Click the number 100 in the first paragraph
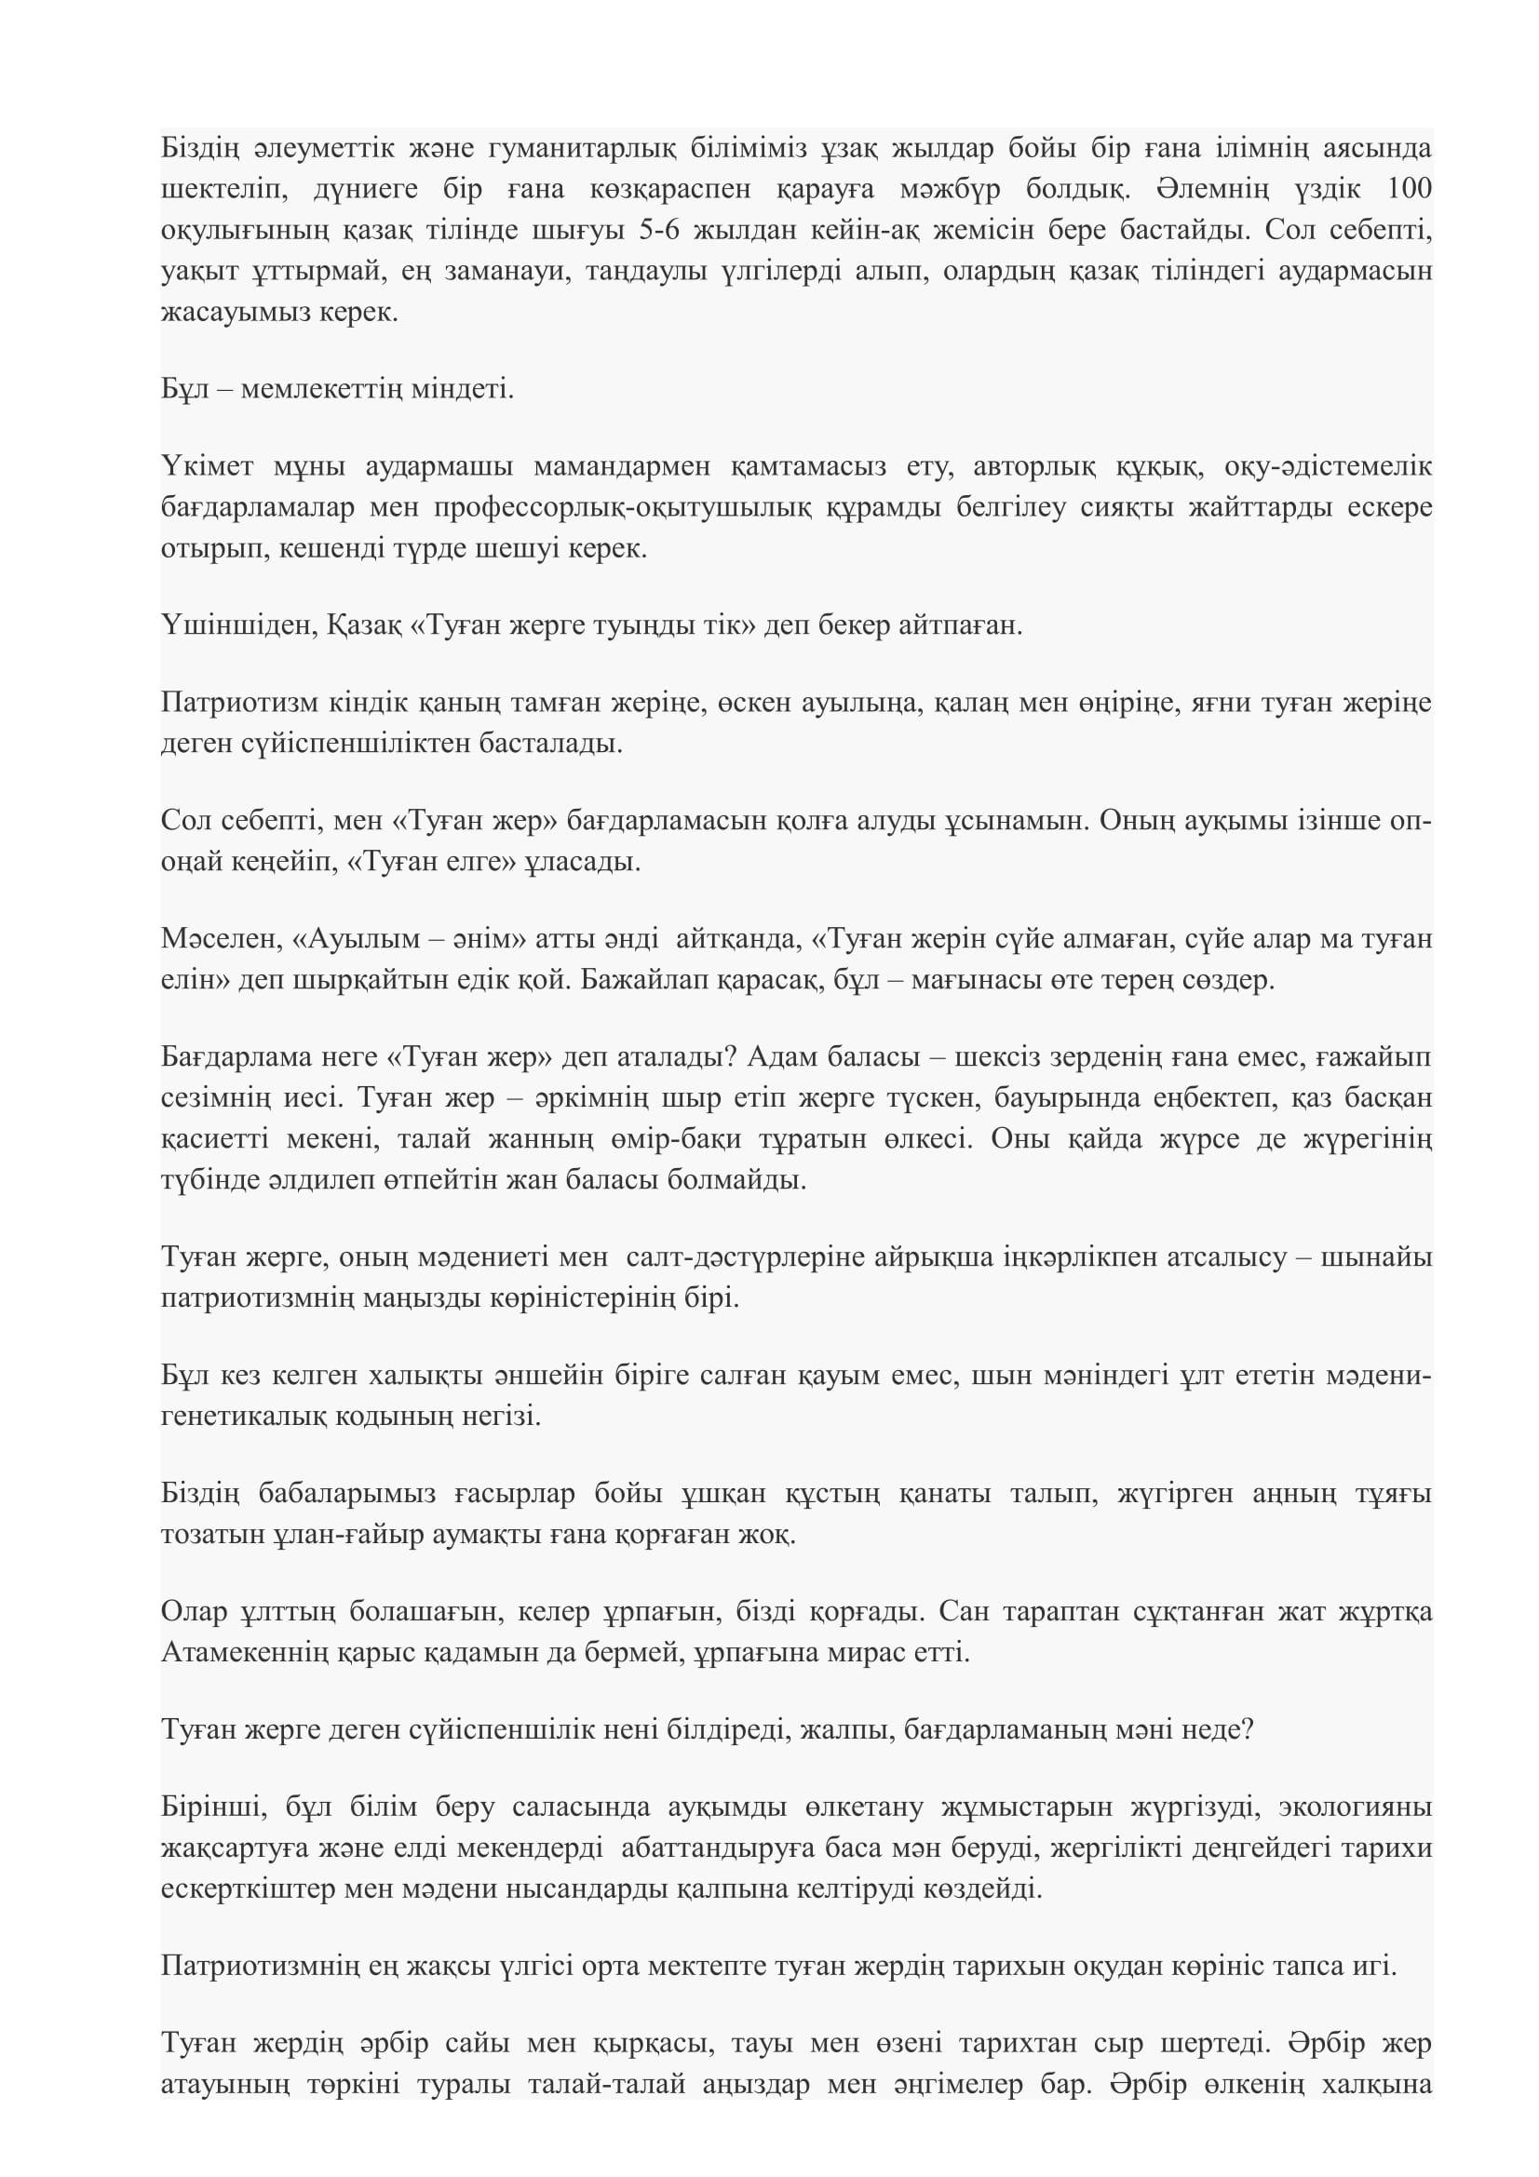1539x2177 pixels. [1408, 189]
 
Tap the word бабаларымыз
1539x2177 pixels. [347, 1495]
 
